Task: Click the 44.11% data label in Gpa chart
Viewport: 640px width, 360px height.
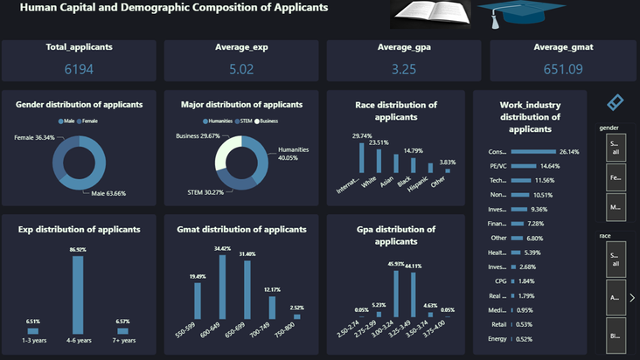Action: [412, 266]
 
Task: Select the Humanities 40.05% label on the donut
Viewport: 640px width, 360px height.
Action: [294, 154]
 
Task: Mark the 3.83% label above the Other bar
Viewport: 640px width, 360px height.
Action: [449, 163]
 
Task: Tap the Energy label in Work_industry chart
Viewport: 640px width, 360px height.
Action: [497, 339]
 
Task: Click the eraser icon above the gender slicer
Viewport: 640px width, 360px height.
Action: [616, 102]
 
